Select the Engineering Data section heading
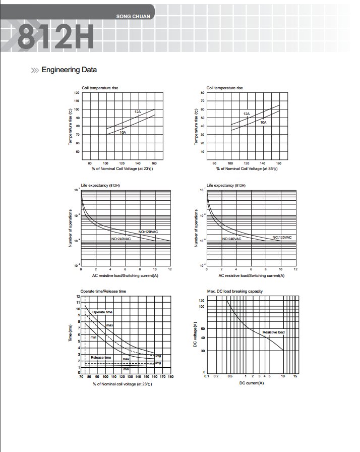69,70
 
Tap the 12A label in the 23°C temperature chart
138,111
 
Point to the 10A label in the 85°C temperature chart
263,123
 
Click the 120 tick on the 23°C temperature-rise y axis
77,93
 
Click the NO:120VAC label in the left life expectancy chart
148,232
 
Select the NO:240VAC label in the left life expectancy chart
121,238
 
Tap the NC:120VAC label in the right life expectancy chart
281,237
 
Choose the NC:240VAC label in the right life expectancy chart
231,239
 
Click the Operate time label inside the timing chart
102,312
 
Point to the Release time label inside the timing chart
101,357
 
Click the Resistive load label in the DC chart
273,332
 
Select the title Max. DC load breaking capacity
235,292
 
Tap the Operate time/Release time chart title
103,292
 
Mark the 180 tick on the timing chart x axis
170,377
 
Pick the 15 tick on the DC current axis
296,377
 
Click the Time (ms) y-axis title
71,334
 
